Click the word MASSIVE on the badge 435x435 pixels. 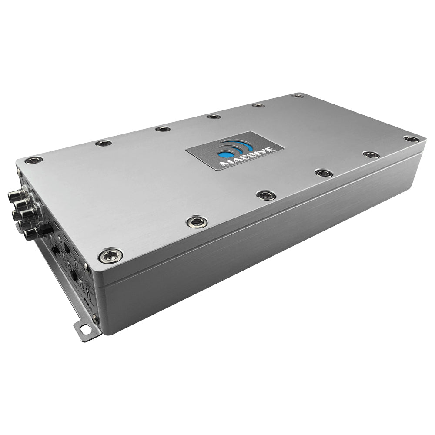click(236, 158)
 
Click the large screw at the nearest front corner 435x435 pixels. click(110, 255)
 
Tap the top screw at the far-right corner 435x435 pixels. click(411, 139)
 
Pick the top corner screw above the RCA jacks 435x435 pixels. click(33, 160)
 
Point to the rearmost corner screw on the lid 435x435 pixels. click(298, 96)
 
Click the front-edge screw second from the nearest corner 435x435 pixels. click(197, 222)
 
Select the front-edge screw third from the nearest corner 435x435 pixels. click(266, 195)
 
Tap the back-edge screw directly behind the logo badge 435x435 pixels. click(214, 116)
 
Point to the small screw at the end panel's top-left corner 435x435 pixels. click(20, 172)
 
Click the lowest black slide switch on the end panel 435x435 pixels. click(74, 276)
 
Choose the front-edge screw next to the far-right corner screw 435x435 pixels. click(371, 155)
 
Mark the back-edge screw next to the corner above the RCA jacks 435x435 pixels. click(104, 143)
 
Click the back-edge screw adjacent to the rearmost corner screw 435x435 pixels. click(258, 105)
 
